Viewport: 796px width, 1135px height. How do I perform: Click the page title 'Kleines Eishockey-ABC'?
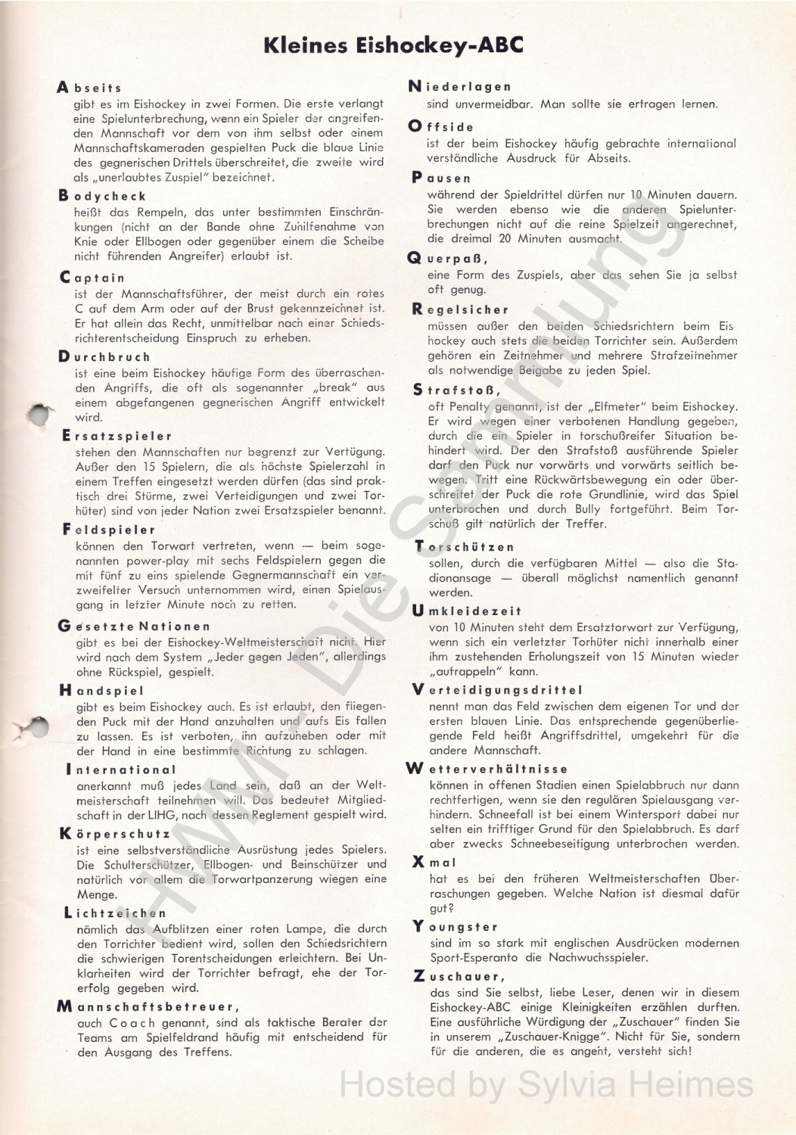(x=393, y=45)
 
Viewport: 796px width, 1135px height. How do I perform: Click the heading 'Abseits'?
(x=89, y=88)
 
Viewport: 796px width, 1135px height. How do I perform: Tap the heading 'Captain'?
(x=92, y=278)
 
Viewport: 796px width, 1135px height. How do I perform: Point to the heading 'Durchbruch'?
(x=104, y=356)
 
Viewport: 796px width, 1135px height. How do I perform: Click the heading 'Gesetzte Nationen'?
(x=134, y=626)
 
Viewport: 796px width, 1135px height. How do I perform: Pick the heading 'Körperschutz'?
(x=115, y=834)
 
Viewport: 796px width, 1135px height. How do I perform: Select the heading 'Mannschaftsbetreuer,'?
(x=148, y=1006)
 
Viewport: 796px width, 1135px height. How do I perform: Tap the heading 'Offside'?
(x=441, y=126)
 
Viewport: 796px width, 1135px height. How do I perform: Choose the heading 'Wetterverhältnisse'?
(x=487, y=769)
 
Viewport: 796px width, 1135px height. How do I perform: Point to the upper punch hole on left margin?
(x=38, y=414)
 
